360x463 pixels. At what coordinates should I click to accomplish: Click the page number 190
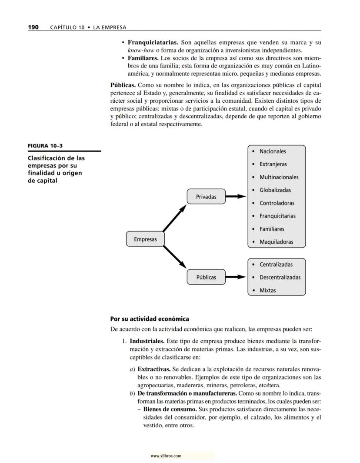(x=33, y=27)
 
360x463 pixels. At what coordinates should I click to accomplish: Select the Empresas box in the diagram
(x=145, y=239)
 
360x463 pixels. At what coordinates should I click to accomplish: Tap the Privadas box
(x=206, y=197)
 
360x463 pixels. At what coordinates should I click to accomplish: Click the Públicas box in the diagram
(x=206, y=277)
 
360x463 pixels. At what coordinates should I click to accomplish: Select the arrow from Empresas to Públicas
(x=174, y=257)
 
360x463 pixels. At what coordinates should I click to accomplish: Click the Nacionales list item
(x=273, y=151)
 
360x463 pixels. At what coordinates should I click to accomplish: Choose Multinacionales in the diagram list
(x=279, y=177)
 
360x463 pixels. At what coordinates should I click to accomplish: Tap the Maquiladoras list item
(x=276, y=242)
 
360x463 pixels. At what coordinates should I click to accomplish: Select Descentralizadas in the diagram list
(x=280, y=277)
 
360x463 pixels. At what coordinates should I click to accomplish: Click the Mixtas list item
(x=267, y=290)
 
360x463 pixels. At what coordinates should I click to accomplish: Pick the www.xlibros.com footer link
(x=166, y=456)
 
